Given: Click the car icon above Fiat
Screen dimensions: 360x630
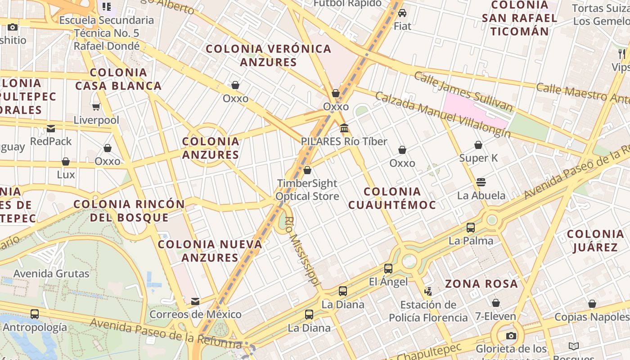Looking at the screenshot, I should click(402, 13).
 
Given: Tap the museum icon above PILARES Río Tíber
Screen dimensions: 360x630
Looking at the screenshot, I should click(344, 128).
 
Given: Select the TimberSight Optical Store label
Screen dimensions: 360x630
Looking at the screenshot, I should click(307, 190).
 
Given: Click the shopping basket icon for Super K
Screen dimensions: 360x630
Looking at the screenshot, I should click(478, 145).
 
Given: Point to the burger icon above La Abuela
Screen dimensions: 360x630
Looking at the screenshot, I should click(481, 182).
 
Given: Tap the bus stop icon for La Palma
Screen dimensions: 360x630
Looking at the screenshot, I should click(471, 228).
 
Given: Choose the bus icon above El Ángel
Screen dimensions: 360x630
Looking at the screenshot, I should click(388, 269).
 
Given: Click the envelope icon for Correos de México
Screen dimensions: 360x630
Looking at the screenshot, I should click(195, 301).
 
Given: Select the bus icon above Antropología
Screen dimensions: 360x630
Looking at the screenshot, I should click(35, 314).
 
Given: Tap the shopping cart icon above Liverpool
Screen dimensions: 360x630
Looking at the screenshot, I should click(96, 107).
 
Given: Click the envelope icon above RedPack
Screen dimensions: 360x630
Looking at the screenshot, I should click(51, 129).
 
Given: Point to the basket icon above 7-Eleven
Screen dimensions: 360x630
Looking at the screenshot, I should click(495, 303).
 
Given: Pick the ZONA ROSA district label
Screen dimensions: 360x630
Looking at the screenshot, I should click(481, 284).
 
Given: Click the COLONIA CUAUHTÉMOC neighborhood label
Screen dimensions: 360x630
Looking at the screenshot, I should click(392, 198).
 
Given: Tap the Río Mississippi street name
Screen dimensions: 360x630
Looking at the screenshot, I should click(303, 252).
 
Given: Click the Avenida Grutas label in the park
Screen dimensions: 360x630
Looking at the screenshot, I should click(51, 274).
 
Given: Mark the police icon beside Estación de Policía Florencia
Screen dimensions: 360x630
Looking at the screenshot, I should click(428, 292).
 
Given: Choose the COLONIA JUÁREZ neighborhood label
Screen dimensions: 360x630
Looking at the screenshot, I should click(595, 241).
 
